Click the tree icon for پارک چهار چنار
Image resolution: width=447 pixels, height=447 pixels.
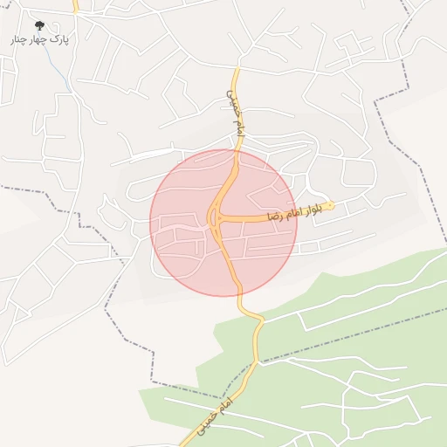click(x=39, y=26)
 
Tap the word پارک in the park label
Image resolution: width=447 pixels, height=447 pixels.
click(x=58, y=39)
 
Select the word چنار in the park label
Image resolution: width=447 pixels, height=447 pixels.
click(x=18, y=40)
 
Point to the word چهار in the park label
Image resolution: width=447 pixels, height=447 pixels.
click(x=38, y=40)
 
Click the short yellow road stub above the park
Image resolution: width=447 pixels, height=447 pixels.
click(x=76, y=7)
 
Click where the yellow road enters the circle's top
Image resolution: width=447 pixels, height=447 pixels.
click(x=237, y=150)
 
